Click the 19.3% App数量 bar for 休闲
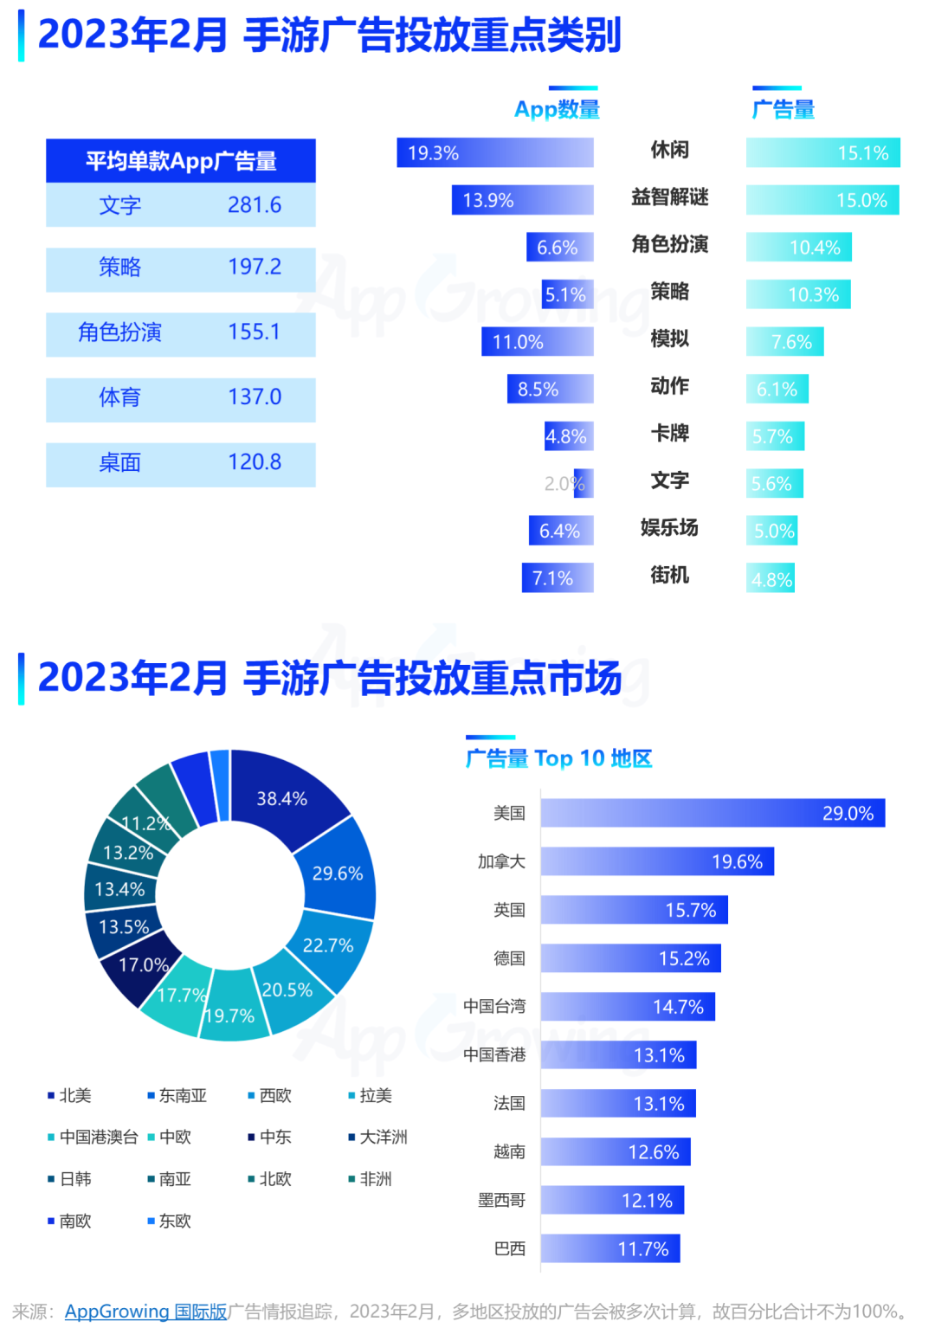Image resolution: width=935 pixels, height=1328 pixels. click(x=495, y=153)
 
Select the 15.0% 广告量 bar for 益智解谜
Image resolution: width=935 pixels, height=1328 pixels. click(x=822, y=200)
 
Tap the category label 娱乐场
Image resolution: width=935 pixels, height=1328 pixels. click(x=669, y=527)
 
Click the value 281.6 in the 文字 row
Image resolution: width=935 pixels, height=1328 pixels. click(x=255, y=205)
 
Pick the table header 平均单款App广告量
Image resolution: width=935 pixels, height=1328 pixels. click(x=181, y=161)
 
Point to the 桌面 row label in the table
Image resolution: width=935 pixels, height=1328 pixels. click(x=119, y=462)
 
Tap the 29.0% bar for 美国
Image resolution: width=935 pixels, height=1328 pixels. click(x=713, y=813)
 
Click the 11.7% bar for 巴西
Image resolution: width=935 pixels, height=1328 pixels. click(x=610, y=1248)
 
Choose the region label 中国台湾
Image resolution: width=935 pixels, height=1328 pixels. click(x=494, y=1006)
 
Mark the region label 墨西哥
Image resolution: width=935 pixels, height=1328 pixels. click(x=501, y=1200)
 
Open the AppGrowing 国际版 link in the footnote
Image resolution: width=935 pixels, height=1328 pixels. click(x=145, y=1312)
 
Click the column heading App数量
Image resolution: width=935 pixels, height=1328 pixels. click(x=557, y=109)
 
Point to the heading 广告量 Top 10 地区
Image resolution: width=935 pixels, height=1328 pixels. click(x=558, y=758)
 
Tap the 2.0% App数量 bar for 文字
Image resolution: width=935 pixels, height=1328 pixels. click(x=584, y=483)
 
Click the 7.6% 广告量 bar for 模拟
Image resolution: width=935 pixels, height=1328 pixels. click(x=784, y=342)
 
